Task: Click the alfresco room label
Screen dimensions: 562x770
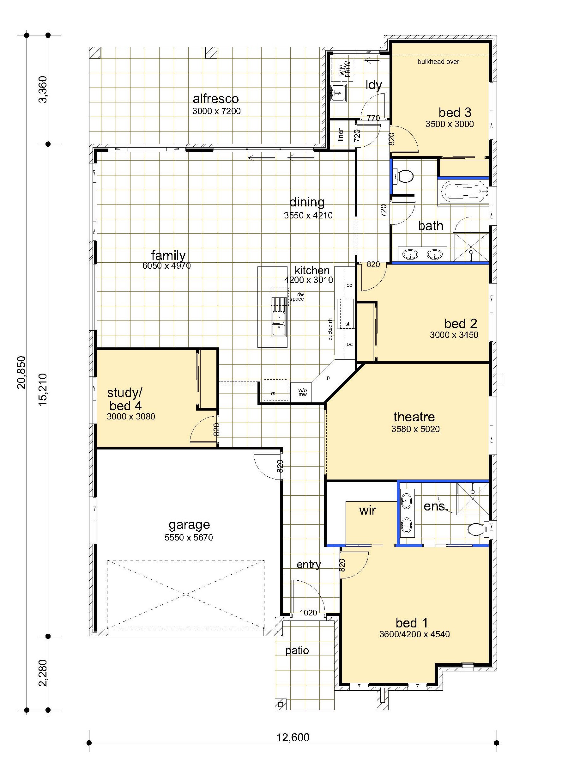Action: tap(216, 99)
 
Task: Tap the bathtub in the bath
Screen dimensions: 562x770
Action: tap(464, 192)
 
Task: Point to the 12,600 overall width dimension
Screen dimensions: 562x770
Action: tap(293, 737)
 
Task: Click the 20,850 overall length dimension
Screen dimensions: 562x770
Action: tap(21, 372)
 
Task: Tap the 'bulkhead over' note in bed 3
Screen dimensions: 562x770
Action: tap(438, 62)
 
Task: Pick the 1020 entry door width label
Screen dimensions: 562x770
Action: tap(308, 613)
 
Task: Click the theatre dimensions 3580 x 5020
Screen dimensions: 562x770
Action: tap(415, 429)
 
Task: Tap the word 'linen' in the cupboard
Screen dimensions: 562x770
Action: tap(341, 134)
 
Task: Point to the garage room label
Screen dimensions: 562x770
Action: tap(189, 525)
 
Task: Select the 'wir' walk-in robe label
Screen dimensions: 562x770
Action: tap(367, 510)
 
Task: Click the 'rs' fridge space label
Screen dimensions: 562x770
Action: tap(273, 394)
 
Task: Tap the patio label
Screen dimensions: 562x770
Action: tap(297, 651)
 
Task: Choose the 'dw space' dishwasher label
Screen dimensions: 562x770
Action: tap(297, 297)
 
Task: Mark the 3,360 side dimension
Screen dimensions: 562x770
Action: tap(43, 89)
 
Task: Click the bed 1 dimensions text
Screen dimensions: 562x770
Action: tap(414, 634)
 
